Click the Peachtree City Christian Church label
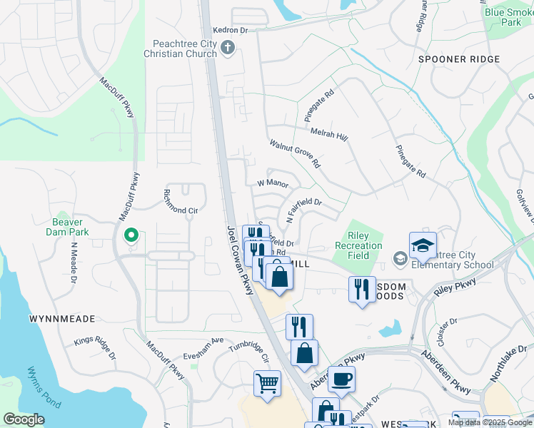point(180,49)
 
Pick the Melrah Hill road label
point(328,133)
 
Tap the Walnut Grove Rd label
point(295,154)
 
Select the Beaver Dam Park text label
point(79,226)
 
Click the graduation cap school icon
point(422,245)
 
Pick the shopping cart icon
point(267,383)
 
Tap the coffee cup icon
point(341,379)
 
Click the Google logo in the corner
point(23,419)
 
